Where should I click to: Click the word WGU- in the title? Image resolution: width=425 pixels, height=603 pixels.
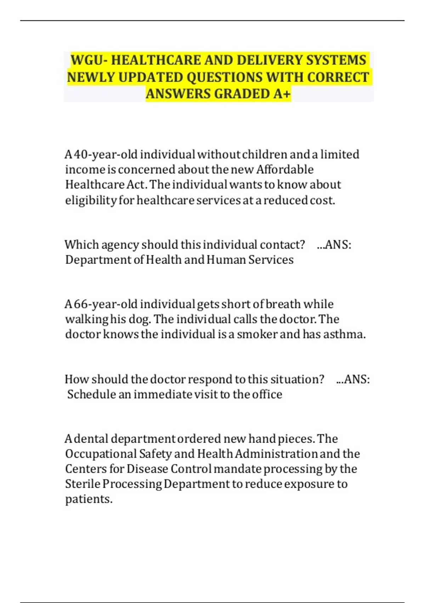89,60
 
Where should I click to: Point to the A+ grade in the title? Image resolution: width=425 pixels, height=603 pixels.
282,94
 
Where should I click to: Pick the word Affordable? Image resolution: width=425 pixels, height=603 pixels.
285,170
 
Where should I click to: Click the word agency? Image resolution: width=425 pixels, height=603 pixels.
120,245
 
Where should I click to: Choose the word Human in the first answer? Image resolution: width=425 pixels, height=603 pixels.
226,260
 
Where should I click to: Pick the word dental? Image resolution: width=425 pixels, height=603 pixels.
92,439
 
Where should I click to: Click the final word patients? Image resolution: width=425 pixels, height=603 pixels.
89,499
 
